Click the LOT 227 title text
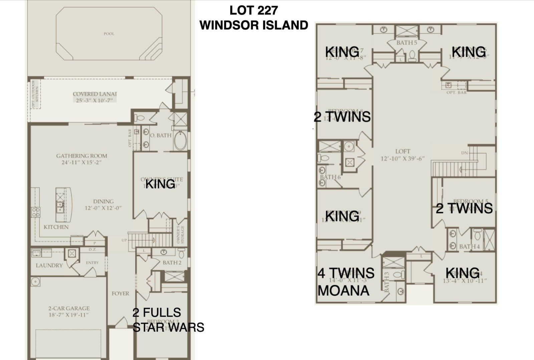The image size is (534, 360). pos(253,10)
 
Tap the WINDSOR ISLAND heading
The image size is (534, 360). pos(254,25)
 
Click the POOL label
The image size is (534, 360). pos(109,34)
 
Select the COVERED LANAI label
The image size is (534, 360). pos(95,94)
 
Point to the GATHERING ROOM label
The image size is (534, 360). pos(81,156)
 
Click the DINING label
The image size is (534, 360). pos(103,202)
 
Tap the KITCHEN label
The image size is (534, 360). pos(56,227)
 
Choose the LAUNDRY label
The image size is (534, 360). pos(49,266)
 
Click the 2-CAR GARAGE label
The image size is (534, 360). pos(69,308)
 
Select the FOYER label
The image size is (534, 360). pos(120,294)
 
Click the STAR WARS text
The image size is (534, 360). pos(168,327)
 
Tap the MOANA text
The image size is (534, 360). pos(343,291)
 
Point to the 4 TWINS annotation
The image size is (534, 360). pos(346,273)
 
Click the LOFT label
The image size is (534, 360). pos(403,151)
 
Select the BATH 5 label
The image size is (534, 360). pos(407,43)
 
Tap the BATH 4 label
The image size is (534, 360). pos(469,247)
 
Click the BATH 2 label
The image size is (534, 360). pos(172,263)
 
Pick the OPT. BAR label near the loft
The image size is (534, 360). pos(457,92)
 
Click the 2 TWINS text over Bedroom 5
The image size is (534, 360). pos(464,209)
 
